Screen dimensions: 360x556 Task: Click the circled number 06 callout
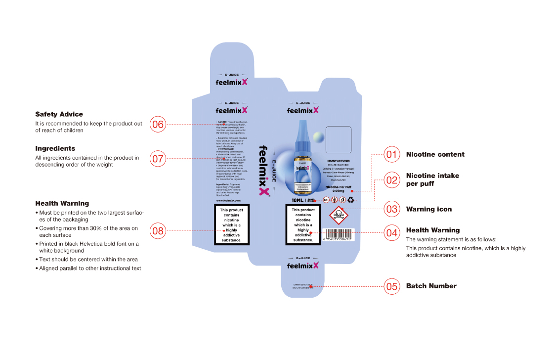(x=158, y=124)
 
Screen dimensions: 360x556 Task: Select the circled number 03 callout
(x=392, y=209)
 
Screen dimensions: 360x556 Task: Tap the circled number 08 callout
(x=158, y=230)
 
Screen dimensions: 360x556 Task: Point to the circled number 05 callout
(x=392, y=286)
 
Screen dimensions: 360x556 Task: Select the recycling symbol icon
(x=350, y=200)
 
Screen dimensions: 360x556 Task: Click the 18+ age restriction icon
(x=326, y=200)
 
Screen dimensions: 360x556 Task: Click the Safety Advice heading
(x=59, y=114)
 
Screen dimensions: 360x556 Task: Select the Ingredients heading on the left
(x=55, y=148)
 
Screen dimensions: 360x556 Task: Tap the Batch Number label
(x=431, y=286)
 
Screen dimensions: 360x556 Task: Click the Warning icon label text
(x=429, y=209)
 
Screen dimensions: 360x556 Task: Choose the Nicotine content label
(x=435, y=154)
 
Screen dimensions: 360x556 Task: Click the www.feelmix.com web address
(x=228, y=201)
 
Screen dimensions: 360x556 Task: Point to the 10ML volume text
(x=298, y=200)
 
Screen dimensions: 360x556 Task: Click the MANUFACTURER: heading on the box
(x=339, y=161)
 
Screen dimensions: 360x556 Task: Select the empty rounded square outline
(x=339, y=139)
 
